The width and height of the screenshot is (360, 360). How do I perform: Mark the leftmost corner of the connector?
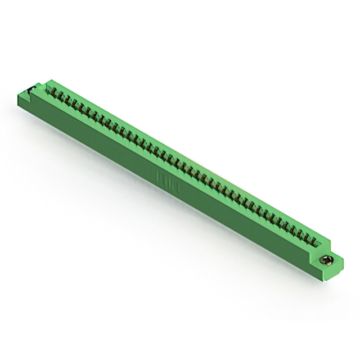[x=18, y=96]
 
